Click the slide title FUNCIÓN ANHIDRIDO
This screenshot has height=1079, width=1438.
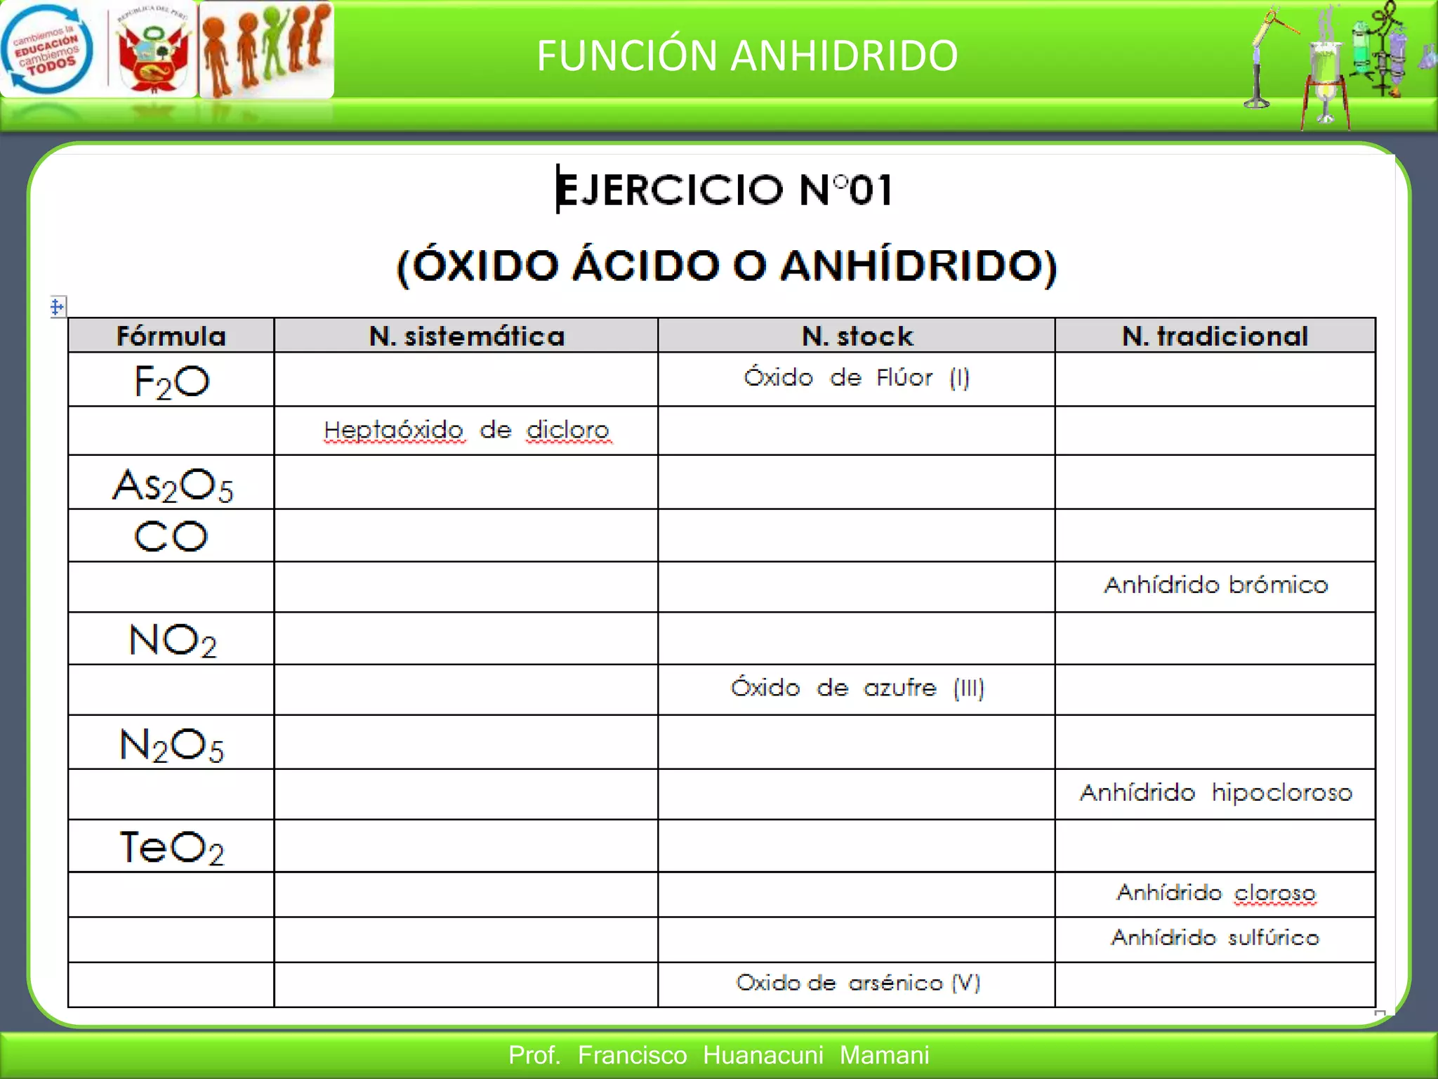[x=747, y=55]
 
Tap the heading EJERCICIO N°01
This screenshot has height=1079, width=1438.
[x=725, y=189]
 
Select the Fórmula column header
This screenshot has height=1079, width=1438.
[x=171, y=336]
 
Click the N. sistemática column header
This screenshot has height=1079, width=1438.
[x=467, y=336]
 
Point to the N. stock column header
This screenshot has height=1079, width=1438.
[x=857, y=336]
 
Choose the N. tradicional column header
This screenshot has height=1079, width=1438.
[x=1215, y=336]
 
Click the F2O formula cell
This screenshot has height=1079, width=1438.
[x=171, y=381]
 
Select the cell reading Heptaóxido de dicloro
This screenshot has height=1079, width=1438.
[x=467, y=430]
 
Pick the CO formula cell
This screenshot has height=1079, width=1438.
[x=171, y=537]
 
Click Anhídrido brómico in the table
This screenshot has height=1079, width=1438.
[x=1215, y=585]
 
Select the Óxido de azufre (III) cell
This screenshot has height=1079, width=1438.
[x=857, y=688]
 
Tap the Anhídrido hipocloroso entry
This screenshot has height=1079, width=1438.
[x=1215, y=793]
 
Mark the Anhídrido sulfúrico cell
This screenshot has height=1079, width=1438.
[x=1215, y=938]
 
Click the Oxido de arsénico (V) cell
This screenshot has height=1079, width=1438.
[x=857, y=983]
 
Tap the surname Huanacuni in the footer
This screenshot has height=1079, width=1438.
[x=763, y=1055]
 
